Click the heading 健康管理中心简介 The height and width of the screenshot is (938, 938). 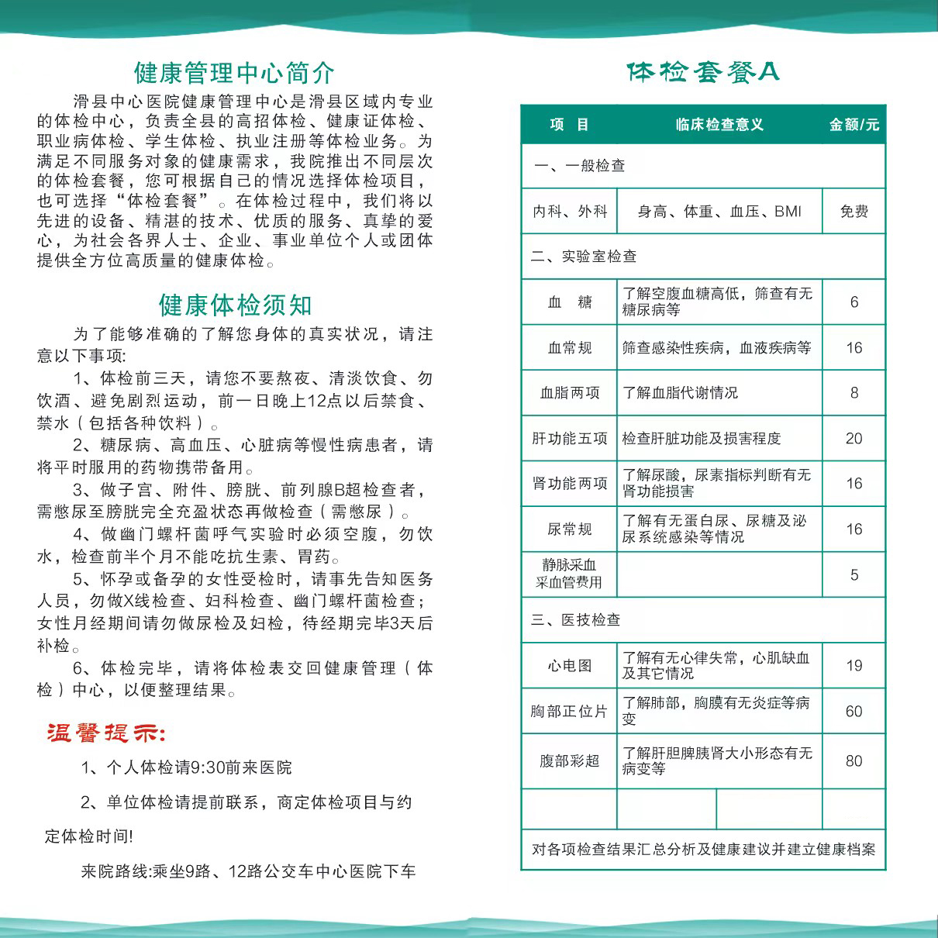[x=234, y=73]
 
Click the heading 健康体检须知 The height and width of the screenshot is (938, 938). [x=235, y=305]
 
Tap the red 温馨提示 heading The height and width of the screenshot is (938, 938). [x=106, y=733]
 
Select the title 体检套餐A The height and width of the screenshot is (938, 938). [x=702, y=72]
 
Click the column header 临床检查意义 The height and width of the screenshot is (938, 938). [x=719, y=125]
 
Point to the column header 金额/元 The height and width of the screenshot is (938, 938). [x=854, y=125]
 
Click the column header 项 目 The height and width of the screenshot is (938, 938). [x=569, y=125]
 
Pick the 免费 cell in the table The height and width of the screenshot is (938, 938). [x=854, y=212]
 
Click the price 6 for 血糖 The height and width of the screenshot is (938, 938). [x=854, y=302]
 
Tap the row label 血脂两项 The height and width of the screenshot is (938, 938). [x=570, y=393]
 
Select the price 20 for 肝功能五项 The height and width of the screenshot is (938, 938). [x=854, y=439]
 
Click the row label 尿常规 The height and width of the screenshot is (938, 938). [x=570, y=529]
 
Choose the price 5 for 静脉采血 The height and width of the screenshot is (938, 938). [x=854, y=575]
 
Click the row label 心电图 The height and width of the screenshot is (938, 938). [x=570, y=666]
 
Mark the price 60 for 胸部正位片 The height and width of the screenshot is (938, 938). [x=854, y=712]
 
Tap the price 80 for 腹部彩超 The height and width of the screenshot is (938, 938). [x=854, y=761]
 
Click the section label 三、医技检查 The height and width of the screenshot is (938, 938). [x=575, y=620]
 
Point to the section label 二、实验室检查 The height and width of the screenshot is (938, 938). [x=584, y=257]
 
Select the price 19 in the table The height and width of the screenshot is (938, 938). [x=854, y=666]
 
